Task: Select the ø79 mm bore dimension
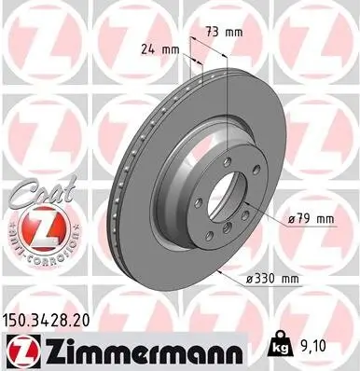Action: pyautogui.click(x=311, y=218)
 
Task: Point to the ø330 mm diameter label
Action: pyautogui.click(x=270, y=278)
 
